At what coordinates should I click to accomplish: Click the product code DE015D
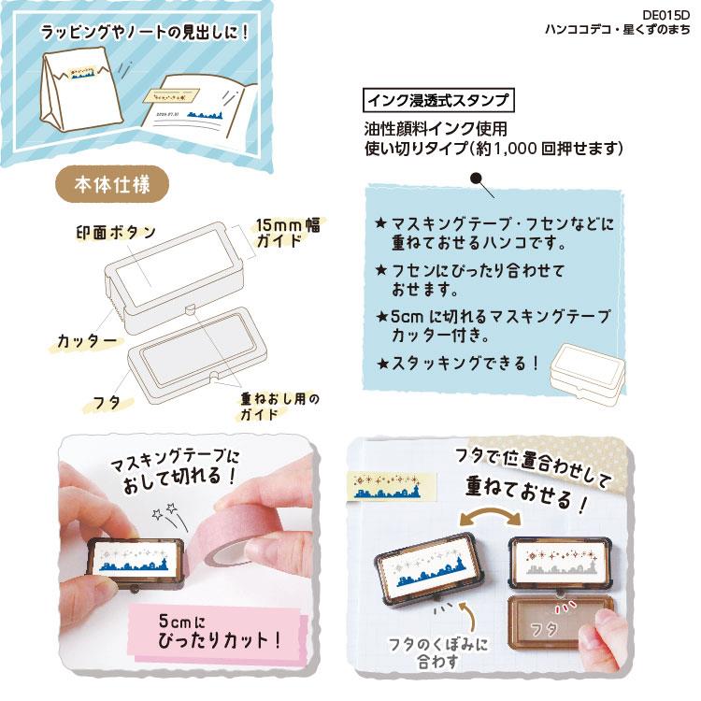click(665, 15)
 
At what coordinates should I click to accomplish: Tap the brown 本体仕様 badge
click(112, 184)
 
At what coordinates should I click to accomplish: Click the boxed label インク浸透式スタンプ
click(438, 100)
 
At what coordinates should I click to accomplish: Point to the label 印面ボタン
click(116, 232)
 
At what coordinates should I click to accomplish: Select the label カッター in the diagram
click(87, 341)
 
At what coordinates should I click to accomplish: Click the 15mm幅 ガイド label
click(289, 233)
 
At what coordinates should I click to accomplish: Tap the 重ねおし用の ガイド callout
click(279, 406)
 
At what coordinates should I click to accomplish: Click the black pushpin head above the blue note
click(477, 178)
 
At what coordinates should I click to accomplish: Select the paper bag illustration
click(82, 93)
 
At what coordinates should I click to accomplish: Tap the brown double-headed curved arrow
click(491, 515)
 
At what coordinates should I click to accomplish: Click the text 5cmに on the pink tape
click(182, 621)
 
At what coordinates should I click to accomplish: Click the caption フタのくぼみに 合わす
click(437, 652)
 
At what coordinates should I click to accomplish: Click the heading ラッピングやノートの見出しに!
click(144, 33)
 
